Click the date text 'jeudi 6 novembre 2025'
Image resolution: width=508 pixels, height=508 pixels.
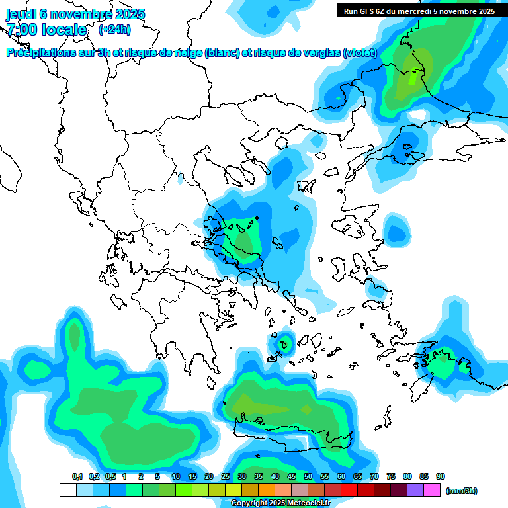pos(75,14)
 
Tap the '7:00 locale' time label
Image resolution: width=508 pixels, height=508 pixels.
pos(46,30)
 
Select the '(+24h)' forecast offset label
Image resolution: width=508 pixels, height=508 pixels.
pos(114,30)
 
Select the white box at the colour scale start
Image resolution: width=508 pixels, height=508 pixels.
pos(67,490)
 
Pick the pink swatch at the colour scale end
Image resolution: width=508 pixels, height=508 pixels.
pos(432,490)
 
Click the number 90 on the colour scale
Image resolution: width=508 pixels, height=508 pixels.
pos(441,476)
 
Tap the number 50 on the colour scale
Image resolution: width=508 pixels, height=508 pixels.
pos(308,476)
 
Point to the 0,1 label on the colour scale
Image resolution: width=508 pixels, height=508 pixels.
pos(77,476)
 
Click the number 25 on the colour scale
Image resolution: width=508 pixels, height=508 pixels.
pos(226,476)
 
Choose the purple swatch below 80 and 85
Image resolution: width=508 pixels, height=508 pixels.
pos(415,490)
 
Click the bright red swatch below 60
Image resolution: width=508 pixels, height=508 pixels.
pos(349,490)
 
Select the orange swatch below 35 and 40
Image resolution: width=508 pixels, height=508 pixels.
pos(267,490)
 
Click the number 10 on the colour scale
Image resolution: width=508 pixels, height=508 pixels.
pos(176,476)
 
